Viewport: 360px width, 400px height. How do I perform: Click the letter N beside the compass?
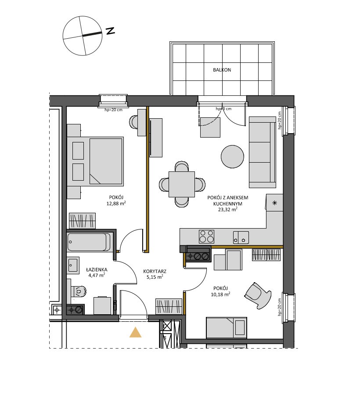110,31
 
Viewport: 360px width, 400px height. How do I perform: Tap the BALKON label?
222,70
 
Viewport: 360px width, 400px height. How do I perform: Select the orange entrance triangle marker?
135,332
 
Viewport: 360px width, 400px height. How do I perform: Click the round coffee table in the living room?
232,156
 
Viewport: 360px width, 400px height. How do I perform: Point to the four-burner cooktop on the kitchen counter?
207,236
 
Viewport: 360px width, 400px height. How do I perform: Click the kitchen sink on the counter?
241,237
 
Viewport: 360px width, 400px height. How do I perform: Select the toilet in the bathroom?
79,291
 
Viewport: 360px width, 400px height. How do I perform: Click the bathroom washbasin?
73,265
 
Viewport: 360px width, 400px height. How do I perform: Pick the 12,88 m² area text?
116,204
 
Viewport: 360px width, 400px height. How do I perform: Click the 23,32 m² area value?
228,210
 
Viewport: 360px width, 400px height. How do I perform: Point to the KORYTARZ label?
155,272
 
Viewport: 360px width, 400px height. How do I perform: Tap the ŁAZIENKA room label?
97,269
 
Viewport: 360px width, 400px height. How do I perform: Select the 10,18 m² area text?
221,295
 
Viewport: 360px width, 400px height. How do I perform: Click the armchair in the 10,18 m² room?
258,296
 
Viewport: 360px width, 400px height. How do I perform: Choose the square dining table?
182,184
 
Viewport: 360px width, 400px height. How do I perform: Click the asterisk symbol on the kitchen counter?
275,203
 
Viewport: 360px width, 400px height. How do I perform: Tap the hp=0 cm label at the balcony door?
224,109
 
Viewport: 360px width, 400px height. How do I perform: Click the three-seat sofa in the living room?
263,152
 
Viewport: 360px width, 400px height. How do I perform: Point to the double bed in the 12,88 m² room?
95,161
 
